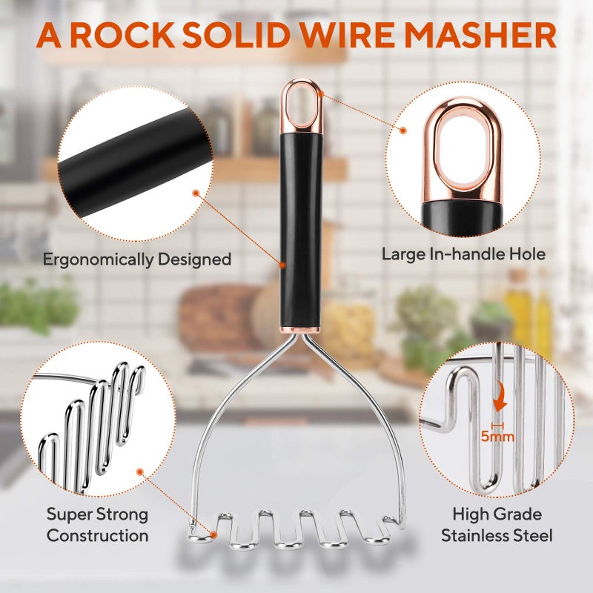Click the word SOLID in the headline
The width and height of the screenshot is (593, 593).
point(237,36)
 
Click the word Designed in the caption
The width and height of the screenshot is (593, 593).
point(194,259)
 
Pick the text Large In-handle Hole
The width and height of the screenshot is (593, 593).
point(463,254)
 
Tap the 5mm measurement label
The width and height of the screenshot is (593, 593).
point(497,437)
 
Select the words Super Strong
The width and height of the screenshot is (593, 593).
point(97,514)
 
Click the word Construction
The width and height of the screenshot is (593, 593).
point(97,535)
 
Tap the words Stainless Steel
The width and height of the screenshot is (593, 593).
point(497,535)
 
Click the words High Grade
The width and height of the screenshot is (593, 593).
point(497,514)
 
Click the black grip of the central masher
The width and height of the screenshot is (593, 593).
point(301,231)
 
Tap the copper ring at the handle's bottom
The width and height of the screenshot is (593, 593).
point(300,330)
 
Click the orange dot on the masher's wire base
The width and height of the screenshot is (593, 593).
point(213,534)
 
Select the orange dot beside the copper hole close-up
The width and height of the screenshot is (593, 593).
point(403,130)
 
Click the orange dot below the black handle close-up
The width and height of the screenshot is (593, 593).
point(196,193)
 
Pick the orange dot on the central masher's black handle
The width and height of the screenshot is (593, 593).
point(282,265)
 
